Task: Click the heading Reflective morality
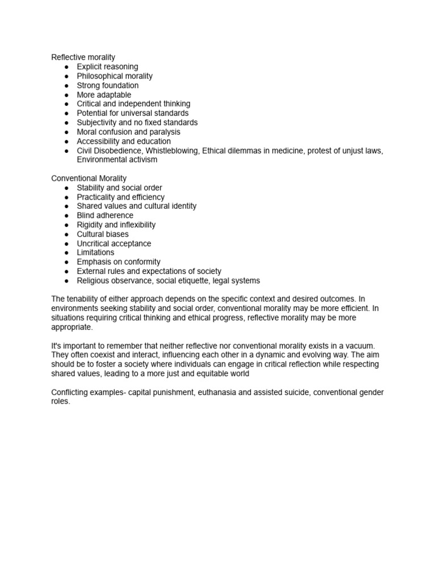click(x=83, y=57)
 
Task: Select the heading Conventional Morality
click(x=89, y=178)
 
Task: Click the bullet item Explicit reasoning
click(x=107, y=66)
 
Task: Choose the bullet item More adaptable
click(x=104, y=95)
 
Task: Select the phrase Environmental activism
click(x=117, y=160)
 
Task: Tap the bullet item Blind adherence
click(x=105, y=215)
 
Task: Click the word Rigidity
click(x=91, y=225)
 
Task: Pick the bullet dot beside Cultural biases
click(x=66, y=234)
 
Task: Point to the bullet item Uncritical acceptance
click(x=114, y=243)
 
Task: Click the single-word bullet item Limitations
click(x=95, y=252)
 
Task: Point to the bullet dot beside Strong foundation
click(x=66, y=85)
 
